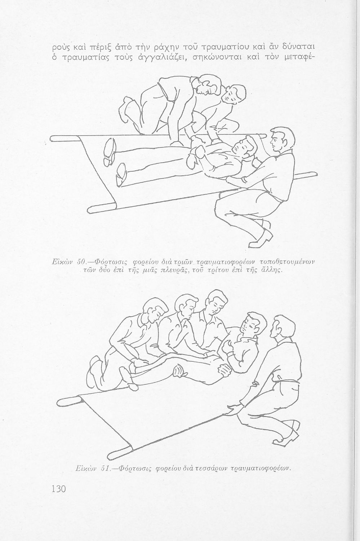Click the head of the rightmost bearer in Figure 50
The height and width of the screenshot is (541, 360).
click(x=283, y=140)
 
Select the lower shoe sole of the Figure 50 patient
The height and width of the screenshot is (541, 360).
click(x=121, y=174)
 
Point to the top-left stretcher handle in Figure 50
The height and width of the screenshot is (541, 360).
click(x=64, y=138)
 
